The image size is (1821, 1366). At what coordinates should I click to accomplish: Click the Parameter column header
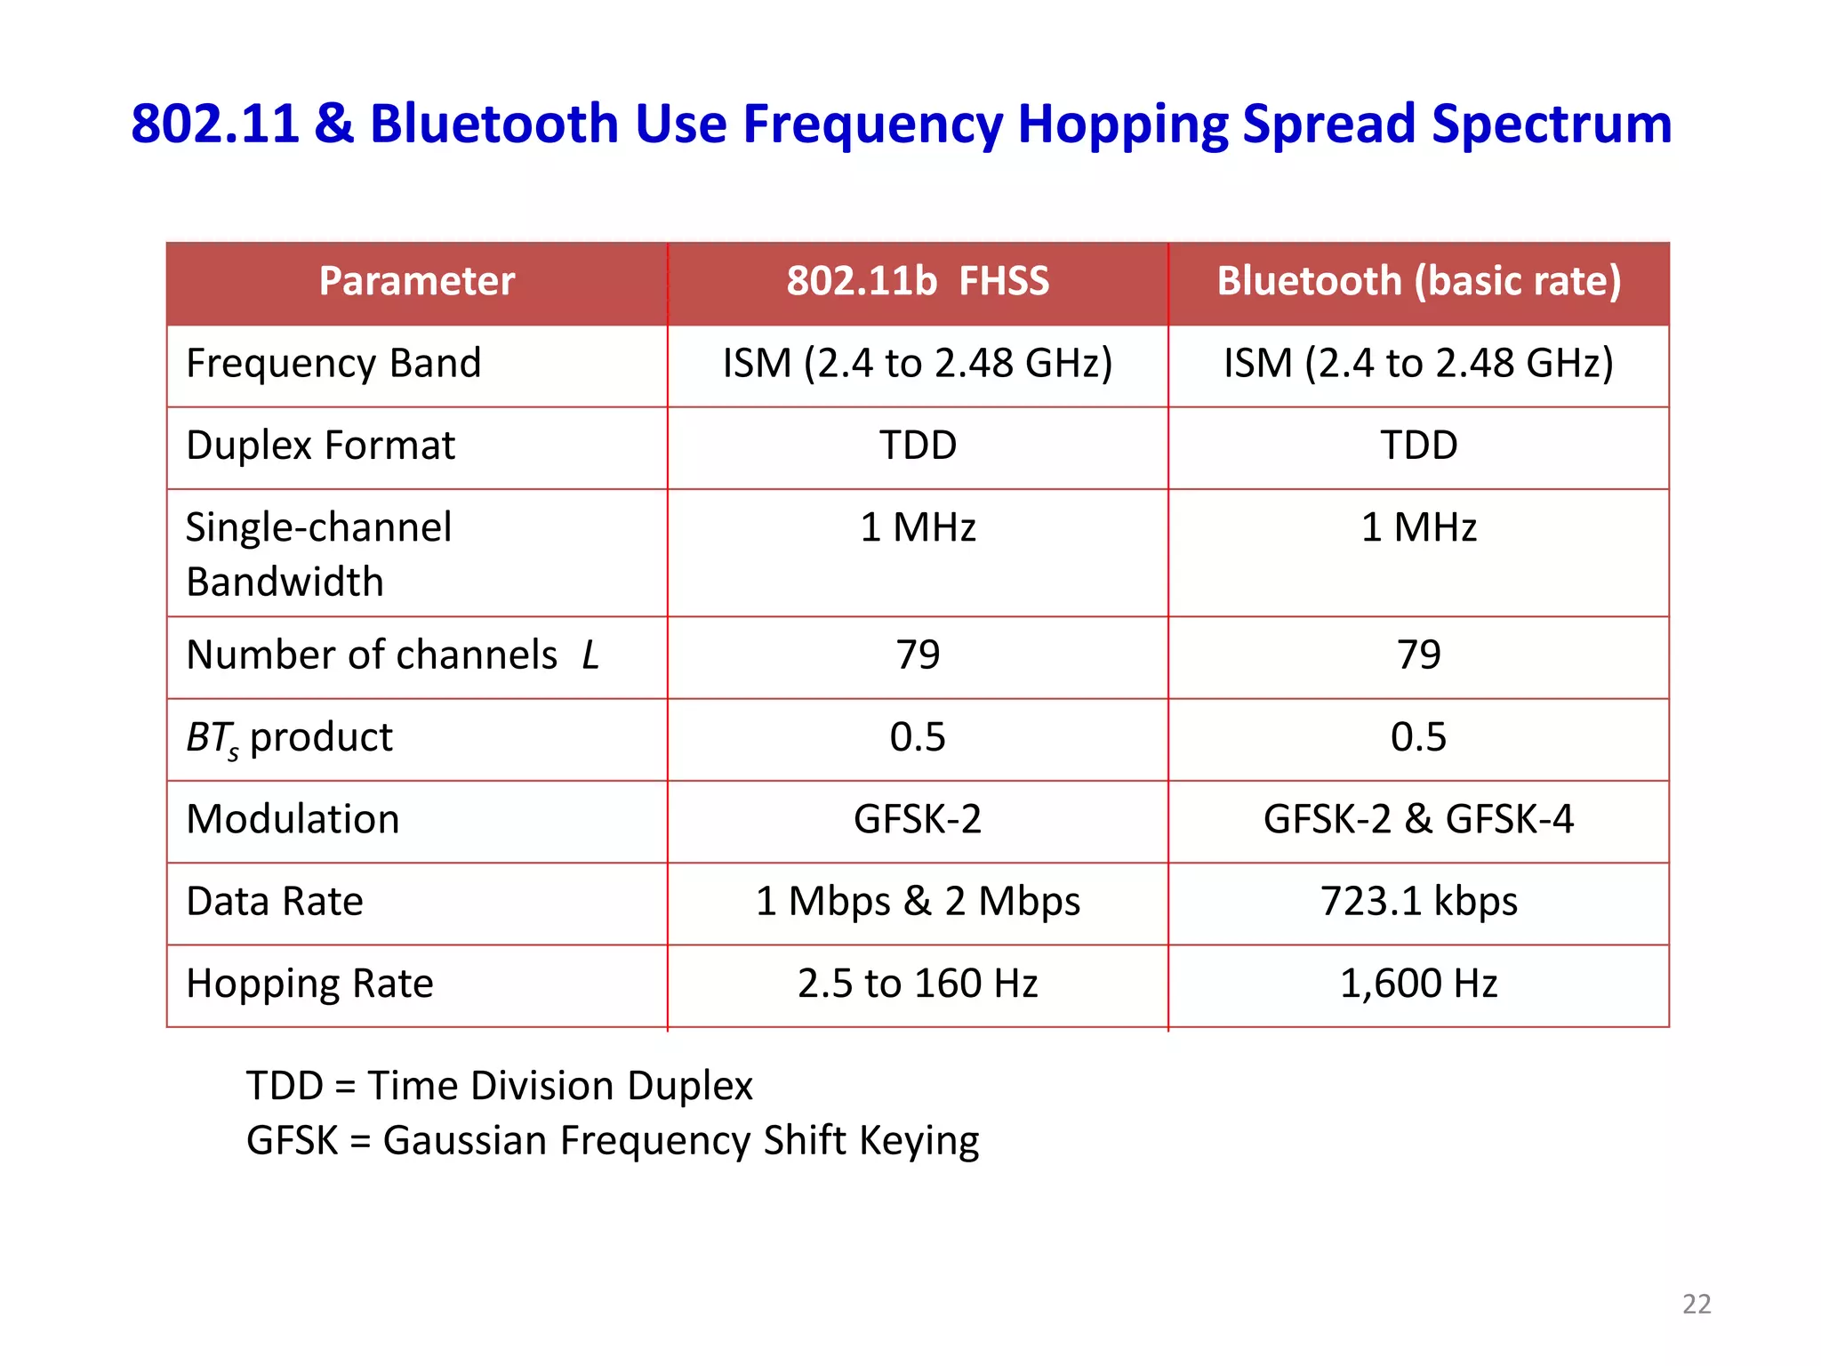pos(416,281)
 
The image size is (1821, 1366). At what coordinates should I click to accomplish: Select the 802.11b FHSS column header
pos(918,281)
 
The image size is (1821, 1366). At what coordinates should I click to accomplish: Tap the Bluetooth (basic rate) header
pos(1418,281)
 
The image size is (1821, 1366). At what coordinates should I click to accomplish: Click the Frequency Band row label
pos(333,364)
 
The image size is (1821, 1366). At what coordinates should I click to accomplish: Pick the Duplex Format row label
pos(320,446)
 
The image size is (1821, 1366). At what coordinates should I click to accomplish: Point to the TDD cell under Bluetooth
pos(1418,446)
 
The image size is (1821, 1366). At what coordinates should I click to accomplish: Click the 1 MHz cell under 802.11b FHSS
pos(918,527)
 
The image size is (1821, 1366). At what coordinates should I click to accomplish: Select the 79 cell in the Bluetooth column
pos(1418,655)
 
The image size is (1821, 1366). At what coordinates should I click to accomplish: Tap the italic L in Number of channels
pos(590,656)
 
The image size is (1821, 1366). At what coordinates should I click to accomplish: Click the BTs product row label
pos(289,738)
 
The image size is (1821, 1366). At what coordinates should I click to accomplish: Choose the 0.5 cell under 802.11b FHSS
pos(918,737)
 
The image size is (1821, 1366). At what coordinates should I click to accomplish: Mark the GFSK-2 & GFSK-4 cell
pos(1418,819)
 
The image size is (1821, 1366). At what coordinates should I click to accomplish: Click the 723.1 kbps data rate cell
pos(1418,902)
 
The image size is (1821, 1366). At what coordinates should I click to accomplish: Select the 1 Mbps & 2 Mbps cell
pos(918,902)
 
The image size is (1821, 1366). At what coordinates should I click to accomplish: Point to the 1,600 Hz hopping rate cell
pos(1418,984)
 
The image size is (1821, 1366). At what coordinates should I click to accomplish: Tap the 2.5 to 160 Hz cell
pos(918,984)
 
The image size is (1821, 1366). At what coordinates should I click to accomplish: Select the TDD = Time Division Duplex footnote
pos(500,1086)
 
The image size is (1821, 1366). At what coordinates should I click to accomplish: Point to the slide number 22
pos(1697,1304)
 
